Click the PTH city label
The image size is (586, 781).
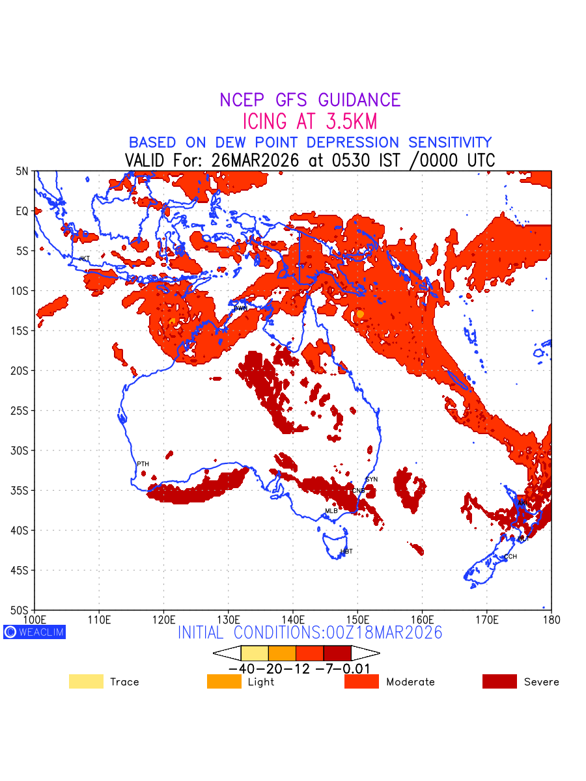coord(143,464)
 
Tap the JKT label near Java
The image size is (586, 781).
coord(84,259)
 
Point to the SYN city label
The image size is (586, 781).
coord(371,480)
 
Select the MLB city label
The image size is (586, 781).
coord(331,512)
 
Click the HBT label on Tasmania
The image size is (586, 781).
coord(346,552)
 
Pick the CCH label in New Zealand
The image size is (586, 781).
coord(510,557)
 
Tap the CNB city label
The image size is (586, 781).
coord(359,491)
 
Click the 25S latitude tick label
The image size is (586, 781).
coord(22,411)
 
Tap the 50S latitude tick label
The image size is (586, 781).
coord(22,610)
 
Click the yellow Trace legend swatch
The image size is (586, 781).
coord(86,681)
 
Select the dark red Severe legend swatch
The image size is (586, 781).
coord(499,681)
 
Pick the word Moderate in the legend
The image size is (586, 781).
coord(410,682)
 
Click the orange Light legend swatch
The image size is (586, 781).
coord(223,681)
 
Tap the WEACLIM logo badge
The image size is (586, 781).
coord(35,632)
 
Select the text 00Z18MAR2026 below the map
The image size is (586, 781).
coord(378,633)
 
